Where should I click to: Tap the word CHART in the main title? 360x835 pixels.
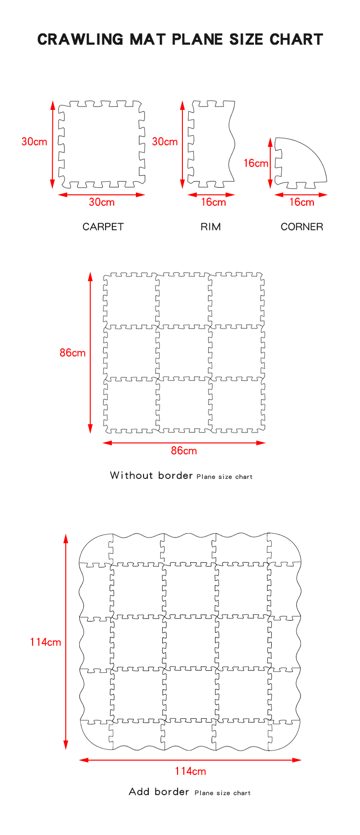[296, 39]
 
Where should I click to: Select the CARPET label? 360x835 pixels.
[103, 227]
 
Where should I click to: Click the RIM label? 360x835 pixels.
[211, 227]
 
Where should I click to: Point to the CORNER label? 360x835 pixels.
[302, 227]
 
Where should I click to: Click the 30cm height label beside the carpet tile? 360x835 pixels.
[35, 142]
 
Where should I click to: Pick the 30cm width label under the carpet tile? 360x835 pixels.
[102, 202]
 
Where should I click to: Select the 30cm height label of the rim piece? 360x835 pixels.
[165, 142]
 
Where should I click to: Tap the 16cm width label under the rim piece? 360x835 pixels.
[213, 202]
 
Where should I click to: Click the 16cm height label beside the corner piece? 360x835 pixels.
[256, 163]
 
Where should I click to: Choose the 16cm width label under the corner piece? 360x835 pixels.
[301, 202]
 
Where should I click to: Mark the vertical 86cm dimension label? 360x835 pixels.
[72, 353]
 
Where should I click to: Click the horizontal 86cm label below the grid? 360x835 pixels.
[184, 451]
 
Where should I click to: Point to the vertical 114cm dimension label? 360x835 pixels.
[46, 642]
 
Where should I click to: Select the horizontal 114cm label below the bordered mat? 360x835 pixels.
[190, 771]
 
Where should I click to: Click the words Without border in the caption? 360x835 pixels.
[151, 476]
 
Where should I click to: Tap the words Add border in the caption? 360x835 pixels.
[159, 792]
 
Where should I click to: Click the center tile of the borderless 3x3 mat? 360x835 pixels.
[184, 353]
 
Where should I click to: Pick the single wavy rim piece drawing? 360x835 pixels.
[211, 143]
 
